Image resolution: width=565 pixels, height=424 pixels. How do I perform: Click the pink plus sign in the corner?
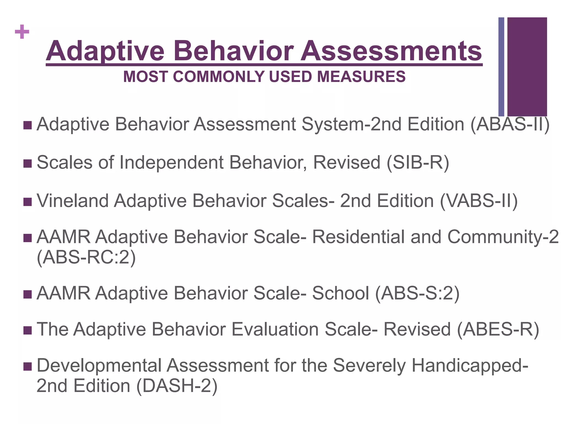22,32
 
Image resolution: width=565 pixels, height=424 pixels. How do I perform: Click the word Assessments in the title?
391,51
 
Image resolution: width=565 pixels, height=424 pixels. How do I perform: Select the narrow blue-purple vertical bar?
501,67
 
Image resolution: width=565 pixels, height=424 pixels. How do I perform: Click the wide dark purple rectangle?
527,67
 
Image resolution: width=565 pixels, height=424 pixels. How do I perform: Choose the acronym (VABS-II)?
479,201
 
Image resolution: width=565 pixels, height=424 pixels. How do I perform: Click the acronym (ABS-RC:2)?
86,258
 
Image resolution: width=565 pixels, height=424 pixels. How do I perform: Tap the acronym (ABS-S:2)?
417,293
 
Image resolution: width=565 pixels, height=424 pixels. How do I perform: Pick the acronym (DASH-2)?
177,386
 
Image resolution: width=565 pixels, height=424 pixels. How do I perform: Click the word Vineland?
73,201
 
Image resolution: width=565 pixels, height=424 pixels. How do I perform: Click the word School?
340,293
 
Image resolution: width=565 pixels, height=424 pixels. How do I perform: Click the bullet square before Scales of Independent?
28,163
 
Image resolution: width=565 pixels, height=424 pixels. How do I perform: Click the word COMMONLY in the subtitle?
219,77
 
